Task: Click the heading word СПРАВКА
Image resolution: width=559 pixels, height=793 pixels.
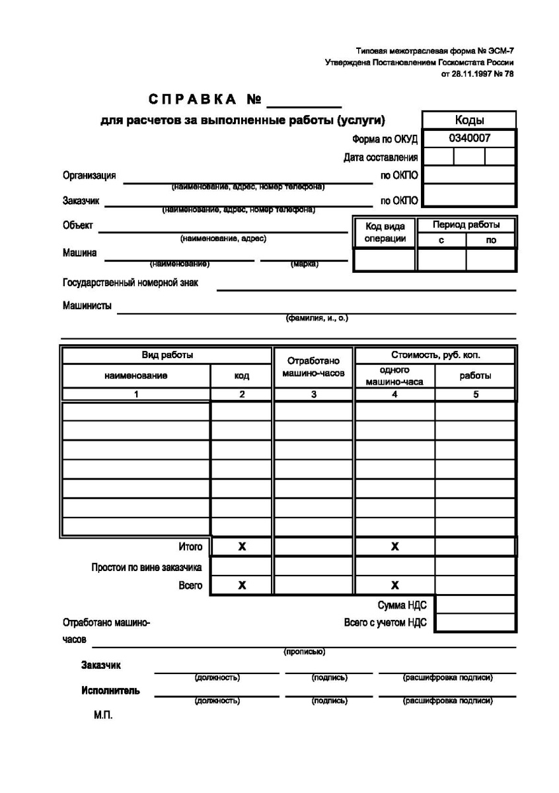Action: [192, 100]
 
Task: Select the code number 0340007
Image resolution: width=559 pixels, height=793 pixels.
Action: [469, 138]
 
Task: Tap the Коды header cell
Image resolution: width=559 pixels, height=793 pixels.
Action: [469, 120]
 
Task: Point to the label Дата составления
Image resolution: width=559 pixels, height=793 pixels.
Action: [381, 157]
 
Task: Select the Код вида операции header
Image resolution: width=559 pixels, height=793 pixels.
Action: [385, 232]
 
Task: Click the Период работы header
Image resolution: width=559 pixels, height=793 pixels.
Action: [466, 225]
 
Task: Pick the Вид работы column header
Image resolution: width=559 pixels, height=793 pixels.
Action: [167, 355]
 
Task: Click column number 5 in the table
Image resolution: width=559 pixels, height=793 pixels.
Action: [475, 394]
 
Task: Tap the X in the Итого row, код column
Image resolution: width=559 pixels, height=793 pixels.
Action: [241, 547]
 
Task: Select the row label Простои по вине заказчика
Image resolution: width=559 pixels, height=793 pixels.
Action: [147, 567]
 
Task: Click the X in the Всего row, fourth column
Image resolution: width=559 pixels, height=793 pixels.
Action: [394, 585]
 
